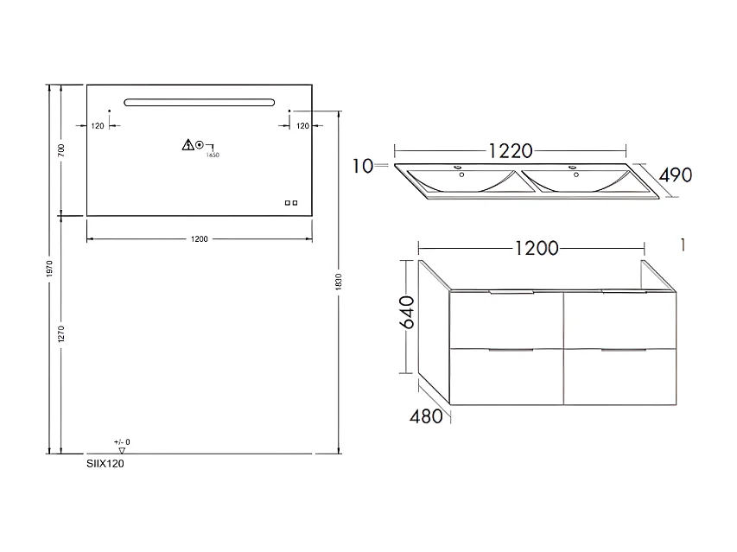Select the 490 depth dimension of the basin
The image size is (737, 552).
pos(675,174)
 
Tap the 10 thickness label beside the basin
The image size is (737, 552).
pos(363,164)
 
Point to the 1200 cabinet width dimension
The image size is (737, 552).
pos(535,248)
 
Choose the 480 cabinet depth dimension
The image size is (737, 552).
pos(426,416)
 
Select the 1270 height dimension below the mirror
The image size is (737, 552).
pos(61,335)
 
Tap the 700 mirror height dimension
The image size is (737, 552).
pos(61,149)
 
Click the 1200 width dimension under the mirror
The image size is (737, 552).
pos(200,238)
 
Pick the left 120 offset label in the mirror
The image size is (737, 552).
pos(98,126)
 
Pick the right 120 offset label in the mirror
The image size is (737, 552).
pos(302,126)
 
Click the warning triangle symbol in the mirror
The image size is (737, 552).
pos(187,145)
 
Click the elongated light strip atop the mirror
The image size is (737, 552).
pos(200,103)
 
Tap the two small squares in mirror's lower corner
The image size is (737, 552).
pos(291,204)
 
